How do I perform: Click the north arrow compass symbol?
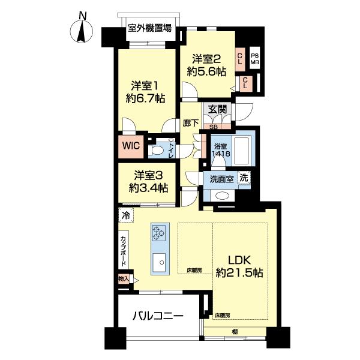tap(82, 31)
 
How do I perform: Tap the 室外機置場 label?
tap(149, 28)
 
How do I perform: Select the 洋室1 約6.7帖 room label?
tap(145, 92)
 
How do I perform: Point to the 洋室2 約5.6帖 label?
tap(206, 65)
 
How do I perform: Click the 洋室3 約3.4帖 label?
tap(148, 182)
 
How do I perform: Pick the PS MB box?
tap(254, 59)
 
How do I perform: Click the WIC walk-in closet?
tap(131, 146)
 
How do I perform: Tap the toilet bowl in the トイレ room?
tap(155, 151)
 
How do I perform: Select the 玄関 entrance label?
tap(217, 109)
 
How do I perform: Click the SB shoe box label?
tap(214, 127)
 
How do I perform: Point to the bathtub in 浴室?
tap(241, 151)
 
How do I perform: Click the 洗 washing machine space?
tap(244, 178)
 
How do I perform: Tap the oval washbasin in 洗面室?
tap(220, 196)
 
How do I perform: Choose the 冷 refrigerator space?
tap(126, 215)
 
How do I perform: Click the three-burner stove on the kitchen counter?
tap(159, 232)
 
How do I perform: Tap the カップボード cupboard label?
tap(123, 251)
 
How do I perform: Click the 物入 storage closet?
tap(124, 279)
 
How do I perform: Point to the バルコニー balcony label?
tap(158, 316)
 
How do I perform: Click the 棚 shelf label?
tap(235, 332)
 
